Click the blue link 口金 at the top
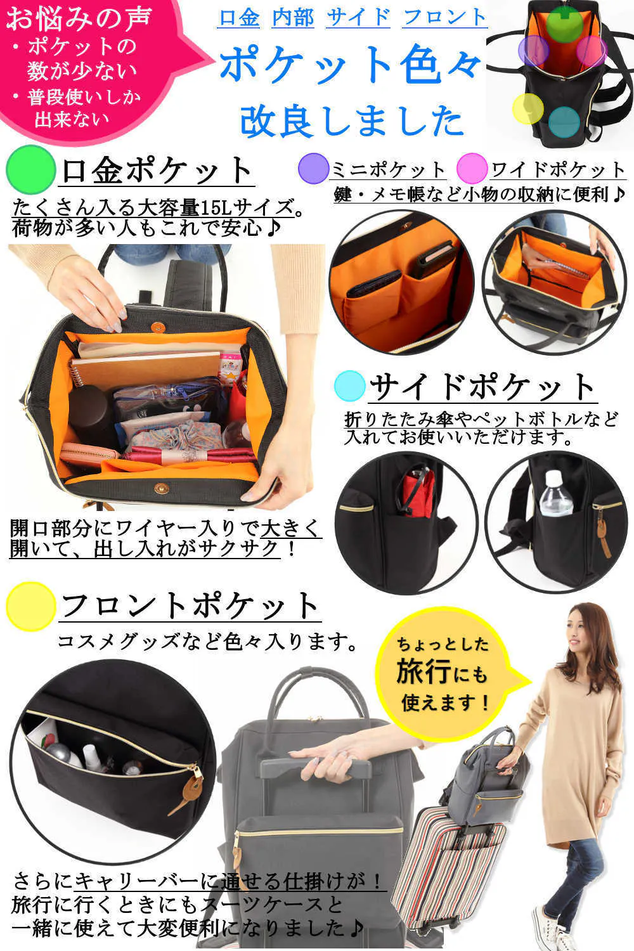(x=239, y=18)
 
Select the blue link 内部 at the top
(x=293, y=18)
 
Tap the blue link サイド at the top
(x=358, y=18)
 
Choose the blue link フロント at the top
(x=444, y=18)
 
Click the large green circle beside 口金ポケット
(x=31, y=170)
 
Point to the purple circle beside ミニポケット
(x=313, y=169)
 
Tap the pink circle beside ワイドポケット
(x=472, y=169)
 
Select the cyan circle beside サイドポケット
(x=350, y=386)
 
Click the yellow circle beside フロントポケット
(x=31, y=607)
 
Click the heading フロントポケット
(x=190, y=606)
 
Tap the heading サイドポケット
(x=482, y=387)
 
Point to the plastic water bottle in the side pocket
(x=555, y=494)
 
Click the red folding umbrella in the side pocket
(x=417, y=493)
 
